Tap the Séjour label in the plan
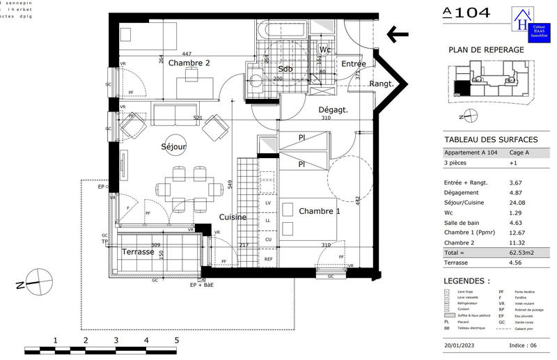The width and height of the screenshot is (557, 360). (173, 147)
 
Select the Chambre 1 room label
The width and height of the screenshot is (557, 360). (320, 211)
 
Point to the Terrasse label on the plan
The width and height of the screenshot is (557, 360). (138, 251)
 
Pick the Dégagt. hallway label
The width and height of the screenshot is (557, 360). (333, 110)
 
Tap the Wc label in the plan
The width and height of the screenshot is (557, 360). (324, 50)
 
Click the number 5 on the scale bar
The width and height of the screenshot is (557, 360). (176, 340)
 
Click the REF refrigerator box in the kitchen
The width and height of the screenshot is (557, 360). (268, 258)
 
